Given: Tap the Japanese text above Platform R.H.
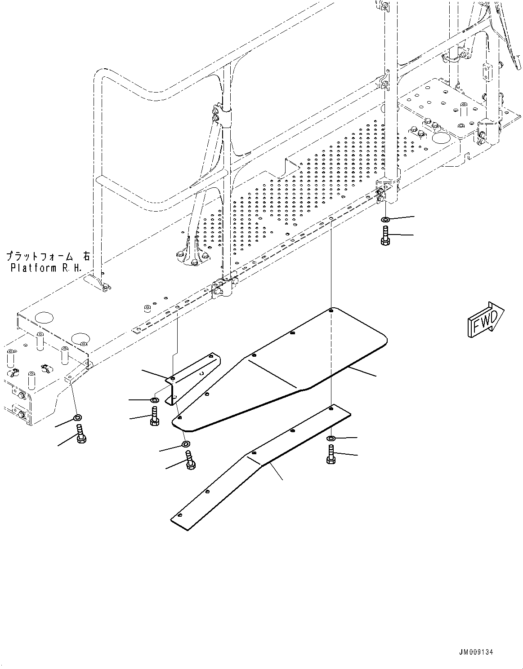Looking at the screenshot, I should click(47, 257).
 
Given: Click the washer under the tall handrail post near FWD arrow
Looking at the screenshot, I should click(385, 220).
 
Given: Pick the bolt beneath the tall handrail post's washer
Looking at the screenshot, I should click(385, 236).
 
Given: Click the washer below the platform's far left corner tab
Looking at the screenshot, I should click(78, 418).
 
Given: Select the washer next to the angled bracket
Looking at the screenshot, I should click(154, 399).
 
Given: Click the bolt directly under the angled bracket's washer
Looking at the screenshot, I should click(154, 416).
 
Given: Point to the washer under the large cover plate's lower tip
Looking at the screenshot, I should click(186, 444).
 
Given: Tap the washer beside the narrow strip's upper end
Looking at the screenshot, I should click(331, 438).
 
